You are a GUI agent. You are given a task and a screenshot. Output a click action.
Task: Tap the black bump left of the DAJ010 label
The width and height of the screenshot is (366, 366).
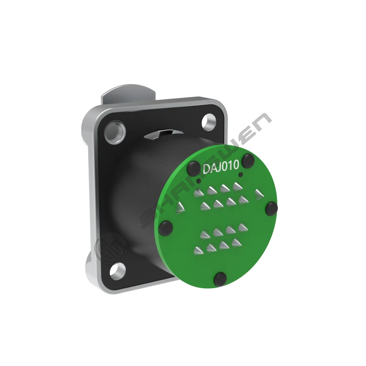click(194, 167)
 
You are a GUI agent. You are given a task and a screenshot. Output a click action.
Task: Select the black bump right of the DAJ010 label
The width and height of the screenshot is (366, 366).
click(248, 161)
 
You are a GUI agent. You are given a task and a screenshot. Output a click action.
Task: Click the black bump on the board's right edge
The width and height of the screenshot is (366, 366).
click(272, 208)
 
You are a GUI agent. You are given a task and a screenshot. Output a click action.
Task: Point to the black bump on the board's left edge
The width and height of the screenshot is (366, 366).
click(165, 227)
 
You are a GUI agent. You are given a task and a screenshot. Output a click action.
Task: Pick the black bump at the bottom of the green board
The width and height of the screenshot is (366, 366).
click(220, 279)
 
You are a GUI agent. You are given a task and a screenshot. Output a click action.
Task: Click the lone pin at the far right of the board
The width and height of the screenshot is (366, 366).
click(259, 194)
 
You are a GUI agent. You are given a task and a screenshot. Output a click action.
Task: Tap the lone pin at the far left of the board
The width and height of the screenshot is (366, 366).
click(180, 208)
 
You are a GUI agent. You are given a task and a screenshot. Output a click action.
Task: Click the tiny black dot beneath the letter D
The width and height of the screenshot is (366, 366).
click(199, 181)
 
